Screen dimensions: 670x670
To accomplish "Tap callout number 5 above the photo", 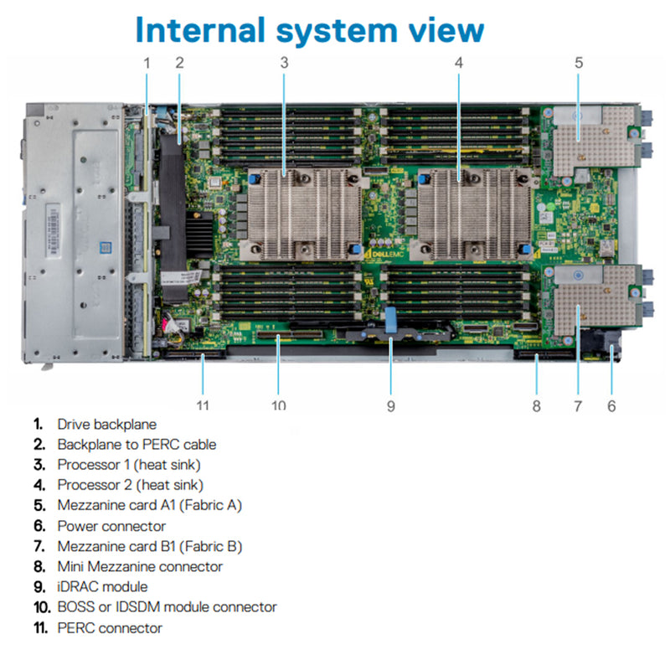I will pos(579,62).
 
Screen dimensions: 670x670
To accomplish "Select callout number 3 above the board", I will pos(285,62).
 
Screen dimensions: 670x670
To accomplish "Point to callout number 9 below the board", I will pos(390,406).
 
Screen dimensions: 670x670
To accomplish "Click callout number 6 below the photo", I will pos(611,406).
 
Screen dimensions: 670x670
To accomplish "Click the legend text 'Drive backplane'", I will pos(106,425).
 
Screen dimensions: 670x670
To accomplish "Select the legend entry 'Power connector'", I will pos(111,526).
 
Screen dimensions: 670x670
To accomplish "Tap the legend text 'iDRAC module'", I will pos(102,587).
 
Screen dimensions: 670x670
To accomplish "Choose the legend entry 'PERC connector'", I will pos(110,627).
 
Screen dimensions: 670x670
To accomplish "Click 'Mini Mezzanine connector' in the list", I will pos(140,567).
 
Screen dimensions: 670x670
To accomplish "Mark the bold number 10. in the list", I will pos(42,607).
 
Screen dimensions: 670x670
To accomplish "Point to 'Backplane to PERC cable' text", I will pos(137,445).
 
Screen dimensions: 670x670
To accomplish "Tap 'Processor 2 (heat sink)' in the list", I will pos(130,485).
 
